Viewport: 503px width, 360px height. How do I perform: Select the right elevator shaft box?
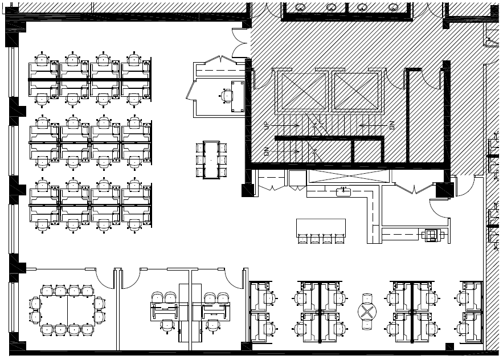tap(355, 92)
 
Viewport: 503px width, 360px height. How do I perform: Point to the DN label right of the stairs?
tap(392, 125)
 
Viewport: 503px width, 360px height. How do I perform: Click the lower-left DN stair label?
tap(266, 152)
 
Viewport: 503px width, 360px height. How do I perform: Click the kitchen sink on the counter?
tap(343, 192)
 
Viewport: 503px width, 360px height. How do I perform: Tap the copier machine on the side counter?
tap(431, 234)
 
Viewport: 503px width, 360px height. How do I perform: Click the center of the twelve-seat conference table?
tap(67, 310)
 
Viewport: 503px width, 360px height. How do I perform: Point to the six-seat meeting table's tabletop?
tap(211, 159)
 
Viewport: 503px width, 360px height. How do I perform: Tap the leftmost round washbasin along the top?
tap(300, 7)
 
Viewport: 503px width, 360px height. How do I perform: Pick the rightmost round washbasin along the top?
tap(392, 7)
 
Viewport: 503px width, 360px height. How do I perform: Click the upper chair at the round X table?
tap(367, 298)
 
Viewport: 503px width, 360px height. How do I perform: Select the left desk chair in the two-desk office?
tap(167, 325)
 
